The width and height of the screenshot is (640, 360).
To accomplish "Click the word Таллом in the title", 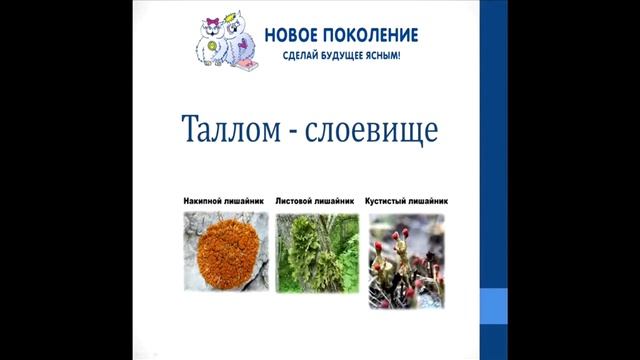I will coord(223,132).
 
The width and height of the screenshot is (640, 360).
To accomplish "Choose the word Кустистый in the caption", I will coord(386,199).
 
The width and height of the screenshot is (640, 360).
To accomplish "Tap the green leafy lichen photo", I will coord(315,254).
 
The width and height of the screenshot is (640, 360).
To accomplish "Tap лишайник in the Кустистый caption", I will coord(430,199).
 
